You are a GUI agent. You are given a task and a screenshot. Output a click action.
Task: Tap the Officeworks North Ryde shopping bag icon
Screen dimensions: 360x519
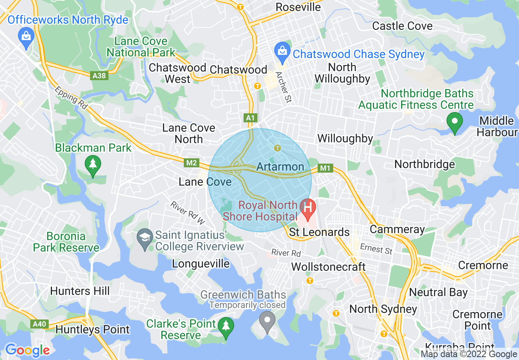[26, 36]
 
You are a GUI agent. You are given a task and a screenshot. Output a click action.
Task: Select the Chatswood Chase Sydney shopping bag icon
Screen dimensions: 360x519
[282, 51]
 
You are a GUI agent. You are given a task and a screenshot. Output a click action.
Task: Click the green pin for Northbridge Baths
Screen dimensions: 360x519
[454, 122]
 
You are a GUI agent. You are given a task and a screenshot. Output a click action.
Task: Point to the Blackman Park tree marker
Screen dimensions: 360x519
[93, 164]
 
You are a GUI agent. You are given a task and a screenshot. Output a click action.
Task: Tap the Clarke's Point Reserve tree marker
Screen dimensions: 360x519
[225, 326]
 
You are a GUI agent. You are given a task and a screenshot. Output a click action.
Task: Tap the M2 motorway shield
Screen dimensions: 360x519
[192, 163]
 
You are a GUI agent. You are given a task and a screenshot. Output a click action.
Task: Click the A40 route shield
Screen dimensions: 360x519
[40, 324]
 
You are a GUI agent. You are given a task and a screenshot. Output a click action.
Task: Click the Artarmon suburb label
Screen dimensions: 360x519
[280, 167]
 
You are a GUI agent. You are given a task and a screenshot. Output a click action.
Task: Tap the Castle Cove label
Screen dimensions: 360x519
[402, 26]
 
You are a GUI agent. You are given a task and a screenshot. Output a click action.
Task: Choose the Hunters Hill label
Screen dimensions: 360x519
[80, 291]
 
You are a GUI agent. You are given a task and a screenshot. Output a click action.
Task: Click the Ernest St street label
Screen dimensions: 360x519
[376, 248]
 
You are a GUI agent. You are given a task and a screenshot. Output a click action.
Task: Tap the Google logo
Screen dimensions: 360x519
[27, 350]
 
